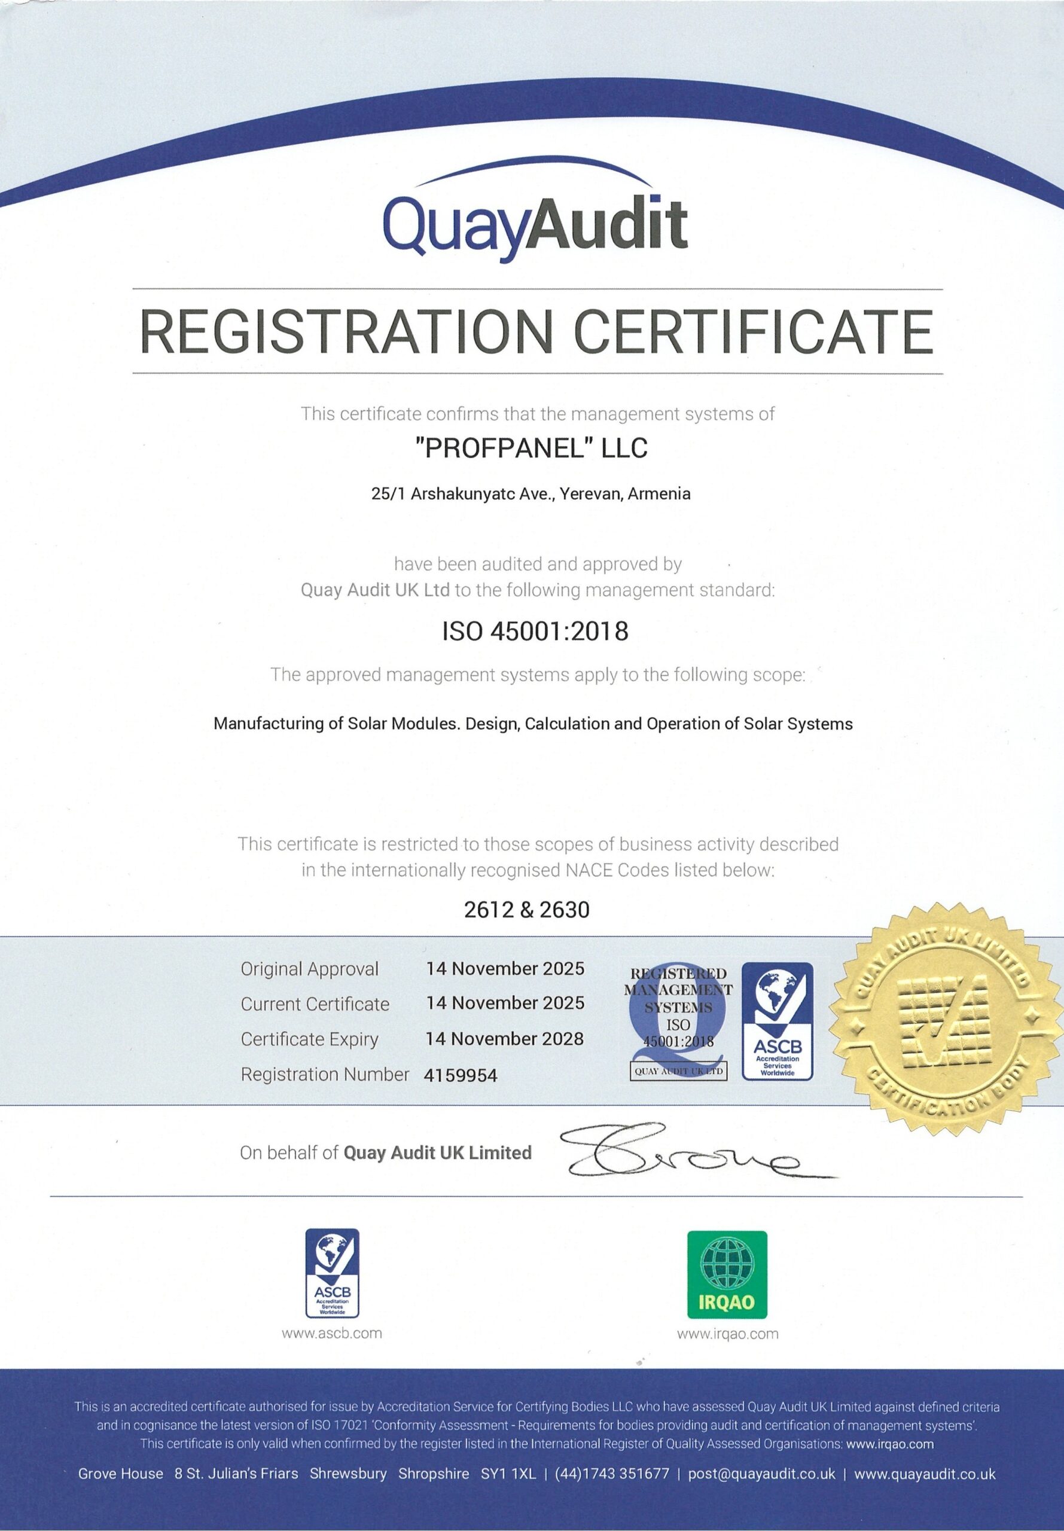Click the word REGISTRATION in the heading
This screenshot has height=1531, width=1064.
pos(347,332)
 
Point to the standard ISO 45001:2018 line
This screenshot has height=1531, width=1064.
pos(535,630)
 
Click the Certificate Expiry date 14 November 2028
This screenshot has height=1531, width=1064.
pos(505,1038)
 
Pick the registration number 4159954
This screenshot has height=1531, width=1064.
pos(461,1075)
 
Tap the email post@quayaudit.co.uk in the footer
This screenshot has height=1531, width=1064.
pos(761,1474)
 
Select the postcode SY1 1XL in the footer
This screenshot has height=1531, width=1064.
pos(508,1474)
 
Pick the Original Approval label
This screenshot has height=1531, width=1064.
pos(309,969)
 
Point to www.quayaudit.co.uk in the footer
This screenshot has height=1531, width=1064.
pos(925,1474)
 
